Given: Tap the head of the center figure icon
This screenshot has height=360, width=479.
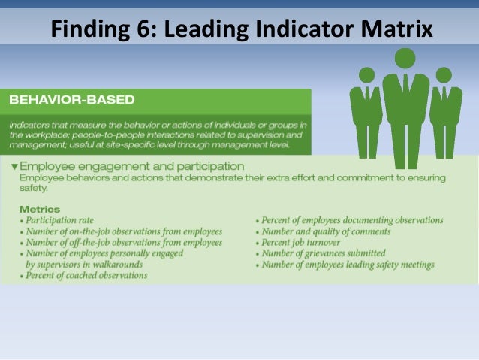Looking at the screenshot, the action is tap(405, 58).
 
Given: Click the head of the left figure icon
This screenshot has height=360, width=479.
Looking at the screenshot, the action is tap(366, 75).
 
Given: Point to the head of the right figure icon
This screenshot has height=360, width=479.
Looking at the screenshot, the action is tap(444, 75).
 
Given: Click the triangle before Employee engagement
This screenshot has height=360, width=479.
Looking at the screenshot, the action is tap(14, 166).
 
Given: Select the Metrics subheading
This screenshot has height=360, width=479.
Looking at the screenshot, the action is tap(40, 209).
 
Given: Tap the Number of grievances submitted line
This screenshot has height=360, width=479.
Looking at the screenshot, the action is tap(324, 254).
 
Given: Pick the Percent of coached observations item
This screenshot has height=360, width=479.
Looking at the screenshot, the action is tap(86, 276).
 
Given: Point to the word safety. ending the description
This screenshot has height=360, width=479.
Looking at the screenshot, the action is tap(35, 189).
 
